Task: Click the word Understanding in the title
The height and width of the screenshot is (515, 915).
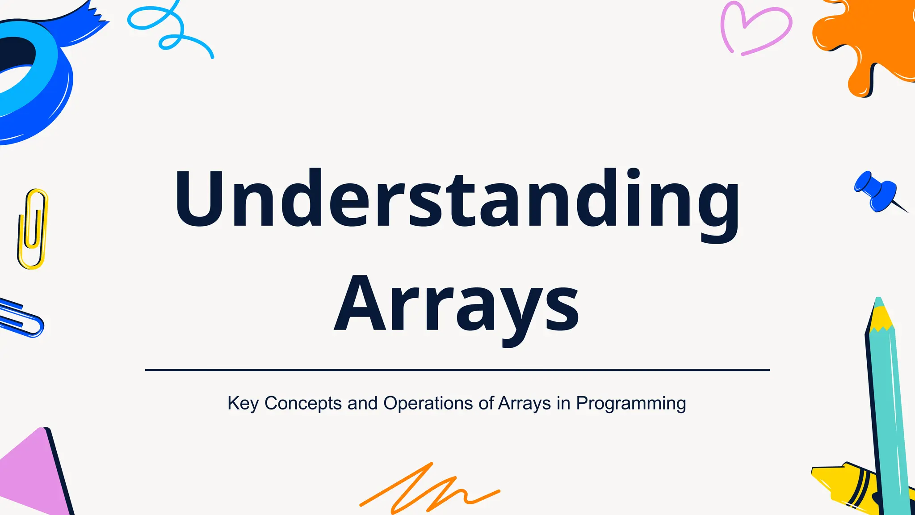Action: (457, 199)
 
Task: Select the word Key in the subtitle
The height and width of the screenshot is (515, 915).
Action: (243, 403)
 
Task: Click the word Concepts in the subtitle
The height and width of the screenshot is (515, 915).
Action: (303, 403)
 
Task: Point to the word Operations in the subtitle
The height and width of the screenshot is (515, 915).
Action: (428, 403)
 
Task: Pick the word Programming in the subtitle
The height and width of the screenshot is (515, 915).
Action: (630, 403)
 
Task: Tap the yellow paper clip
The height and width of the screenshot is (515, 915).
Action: (32, 229)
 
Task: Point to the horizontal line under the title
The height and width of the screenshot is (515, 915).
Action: (457, 370)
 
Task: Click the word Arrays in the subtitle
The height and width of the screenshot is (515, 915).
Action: (524, 403)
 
